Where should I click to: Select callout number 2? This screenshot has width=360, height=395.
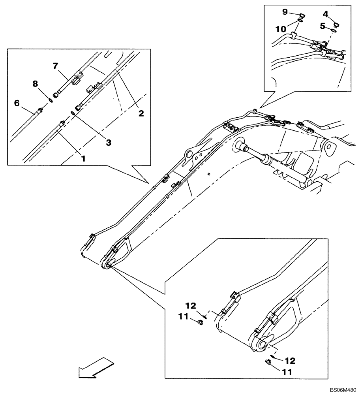(x=141, y=113)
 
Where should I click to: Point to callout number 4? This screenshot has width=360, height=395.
(x=325, y=14)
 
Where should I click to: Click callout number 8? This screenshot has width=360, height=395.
(x=35, y=84)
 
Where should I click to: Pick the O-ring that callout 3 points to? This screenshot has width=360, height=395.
(x=73, y=114)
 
